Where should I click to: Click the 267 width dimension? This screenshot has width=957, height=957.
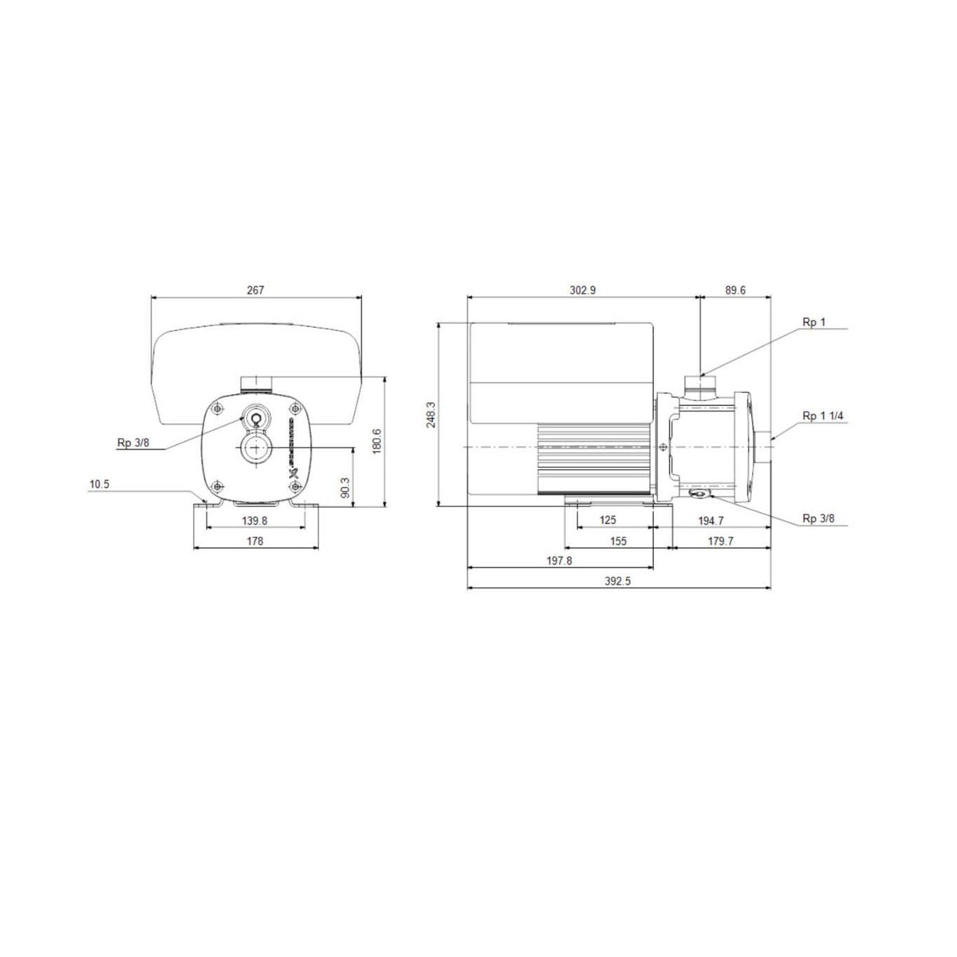pyautogui.click(x=254, y=291)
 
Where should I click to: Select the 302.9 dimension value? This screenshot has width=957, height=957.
pyautogui.click(x=582, y=291)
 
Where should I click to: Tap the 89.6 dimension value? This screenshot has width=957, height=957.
pyautogui.click(x=734, y=291)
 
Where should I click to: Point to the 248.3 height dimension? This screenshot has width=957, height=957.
pyautogui.click(x=431, y=415)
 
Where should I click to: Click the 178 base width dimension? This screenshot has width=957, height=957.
pyautogui.click(x=254, y=541)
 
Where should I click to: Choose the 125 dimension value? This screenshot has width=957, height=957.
pyautogui.click(x=608, y=520)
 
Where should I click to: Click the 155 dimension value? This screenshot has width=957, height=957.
pyautogui.click(x=618, y=541)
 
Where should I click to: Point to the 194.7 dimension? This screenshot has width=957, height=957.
pyautogui.click(x=710, y=520)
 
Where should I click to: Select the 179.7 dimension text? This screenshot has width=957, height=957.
pyautogui.click(x=720, y=541)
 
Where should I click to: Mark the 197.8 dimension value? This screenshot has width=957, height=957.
pyautogui.click(x=559, y=561)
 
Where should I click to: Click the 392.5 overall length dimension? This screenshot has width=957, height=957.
pyautogui.click(x=617, y=582)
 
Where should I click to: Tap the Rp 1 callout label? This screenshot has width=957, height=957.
pyautogui.click(x=814, y=322)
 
